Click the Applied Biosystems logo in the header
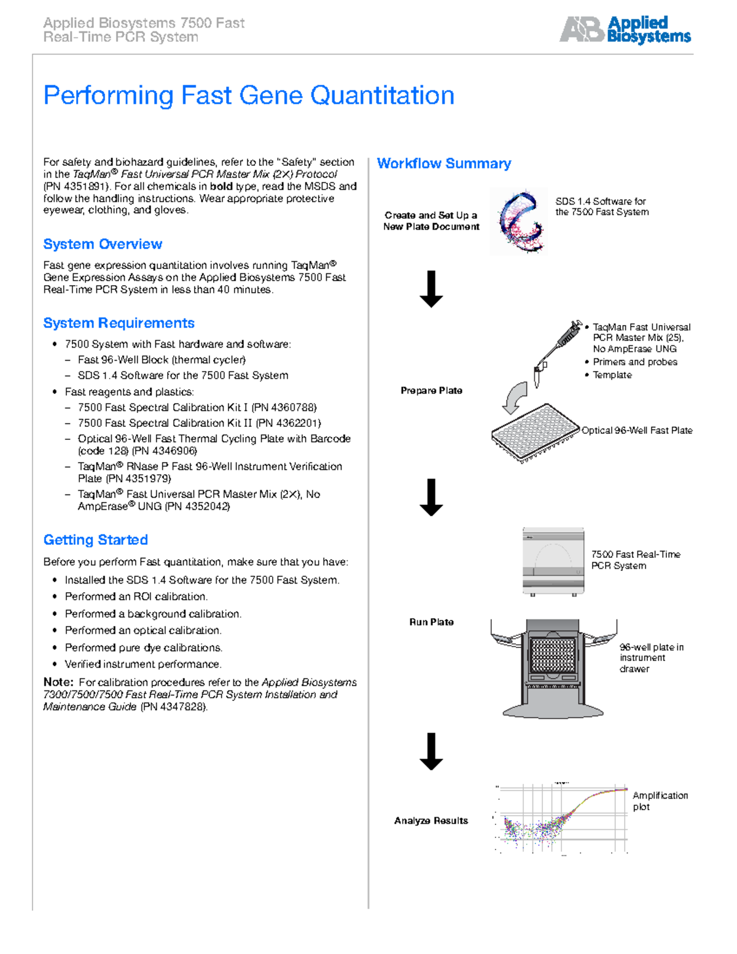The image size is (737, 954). tap(625, 29)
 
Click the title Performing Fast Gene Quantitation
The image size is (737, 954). tap(249, 96)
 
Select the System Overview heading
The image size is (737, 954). tap(103, 244)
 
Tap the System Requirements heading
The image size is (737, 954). tap(119, 323)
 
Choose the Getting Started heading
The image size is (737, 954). tap(95, 540)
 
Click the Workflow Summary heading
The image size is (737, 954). tap(443, 163)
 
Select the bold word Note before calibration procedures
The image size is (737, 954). tap(58, 682)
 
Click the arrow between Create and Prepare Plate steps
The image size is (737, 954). tap(431, 289)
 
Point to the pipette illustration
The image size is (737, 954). tap(556, 350)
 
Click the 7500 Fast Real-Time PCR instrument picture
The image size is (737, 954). tap(553, 561)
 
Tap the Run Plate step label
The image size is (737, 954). tap(431, 622)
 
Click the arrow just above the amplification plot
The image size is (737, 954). tap(431, 751)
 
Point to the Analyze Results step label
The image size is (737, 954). tap(431, 821)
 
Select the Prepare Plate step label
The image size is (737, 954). tap(431, 391)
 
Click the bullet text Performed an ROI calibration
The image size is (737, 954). tap(136, 596)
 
